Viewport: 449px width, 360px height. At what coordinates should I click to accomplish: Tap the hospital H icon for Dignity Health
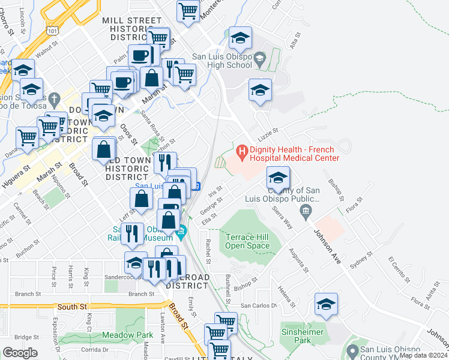tap(243, 150)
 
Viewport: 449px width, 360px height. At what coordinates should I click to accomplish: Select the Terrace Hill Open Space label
tap(248, 241)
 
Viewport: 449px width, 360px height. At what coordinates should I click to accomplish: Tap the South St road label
tap(68, 307)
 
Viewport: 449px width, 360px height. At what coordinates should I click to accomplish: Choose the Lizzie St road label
tap(268, 130)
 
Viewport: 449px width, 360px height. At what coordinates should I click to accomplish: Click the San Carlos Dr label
tap(259, 305)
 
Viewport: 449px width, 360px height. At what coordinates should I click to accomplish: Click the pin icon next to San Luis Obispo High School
tap(259, 59)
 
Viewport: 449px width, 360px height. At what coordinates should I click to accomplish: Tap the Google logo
tap(20, 353)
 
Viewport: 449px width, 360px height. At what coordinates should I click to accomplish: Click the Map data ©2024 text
tap(423, 355)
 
